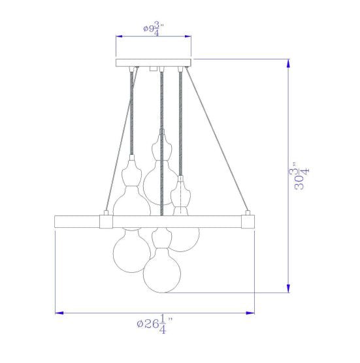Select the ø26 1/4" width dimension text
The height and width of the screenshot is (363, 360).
click(x=155, y=324)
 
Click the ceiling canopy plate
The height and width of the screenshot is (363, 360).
click(x=154, y=63)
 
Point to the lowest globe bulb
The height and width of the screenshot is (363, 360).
click(x=161, y=270)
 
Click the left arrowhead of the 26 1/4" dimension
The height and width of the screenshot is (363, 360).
click(x=59, y=313)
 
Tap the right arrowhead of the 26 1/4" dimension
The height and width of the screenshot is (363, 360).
click(x=250, y=313)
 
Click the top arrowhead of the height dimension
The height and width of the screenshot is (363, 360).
click(x=288, y=63)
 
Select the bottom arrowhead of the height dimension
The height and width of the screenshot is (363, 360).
click(x=288, y=289)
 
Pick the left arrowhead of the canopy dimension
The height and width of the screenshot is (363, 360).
click(x=120, y=37)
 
